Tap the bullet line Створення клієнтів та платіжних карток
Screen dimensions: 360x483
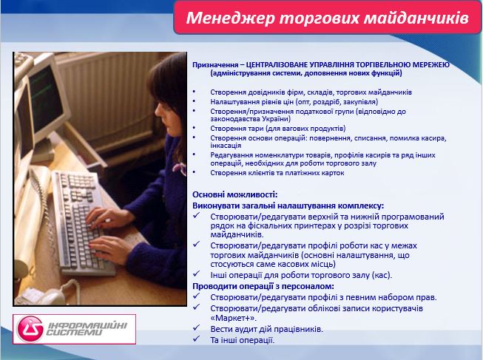tap(268, 171)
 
